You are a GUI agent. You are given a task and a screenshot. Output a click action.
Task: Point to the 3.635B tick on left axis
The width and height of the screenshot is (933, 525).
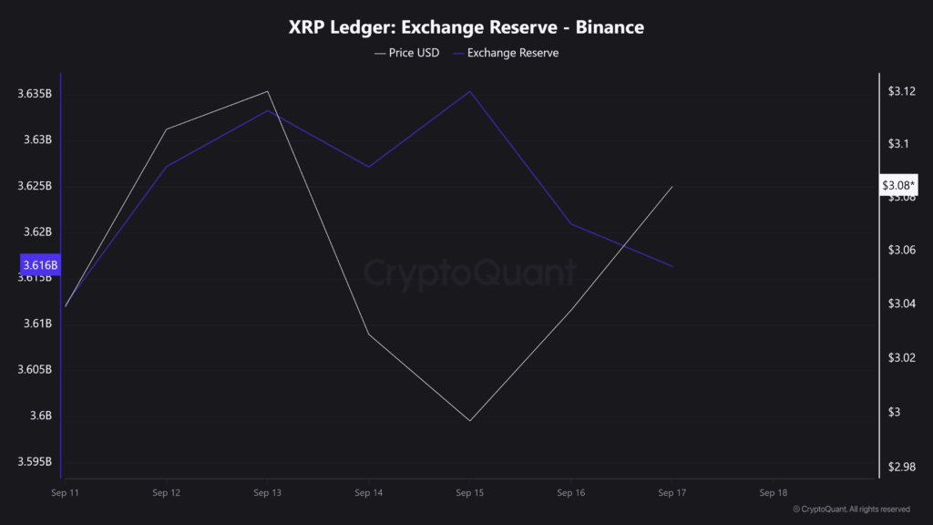(x=35, y=94)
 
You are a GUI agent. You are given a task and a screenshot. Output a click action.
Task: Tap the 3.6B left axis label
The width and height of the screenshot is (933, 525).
(x=40, y=416)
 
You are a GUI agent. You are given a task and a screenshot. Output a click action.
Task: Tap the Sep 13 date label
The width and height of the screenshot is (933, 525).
(x=267, y=493)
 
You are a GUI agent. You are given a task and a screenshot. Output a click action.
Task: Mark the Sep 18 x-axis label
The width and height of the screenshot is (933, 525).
(x=774, y=493)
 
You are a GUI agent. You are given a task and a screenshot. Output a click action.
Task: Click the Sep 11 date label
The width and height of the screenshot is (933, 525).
(x=65, y=493)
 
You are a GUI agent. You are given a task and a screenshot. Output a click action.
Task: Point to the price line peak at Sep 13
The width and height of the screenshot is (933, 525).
(x=267, y=91)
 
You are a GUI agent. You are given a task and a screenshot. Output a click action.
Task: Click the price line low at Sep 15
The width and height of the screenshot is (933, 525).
(x=469, y=421)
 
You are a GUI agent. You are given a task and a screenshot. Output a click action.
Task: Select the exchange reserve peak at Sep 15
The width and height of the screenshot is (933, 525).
(x=470, y=91)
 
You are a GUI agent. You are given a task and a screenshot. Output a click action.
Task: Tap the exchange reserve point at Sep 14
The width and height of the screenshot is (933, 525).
(x=368, y=167)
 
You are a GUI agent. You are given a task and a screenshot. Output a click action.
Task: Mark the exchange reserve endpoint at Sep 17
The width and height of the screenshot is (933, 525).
(x=672, y=266)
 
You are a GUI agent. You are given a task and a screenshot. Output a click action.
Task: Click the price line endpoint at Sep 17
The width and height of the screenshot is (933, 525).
(x=672, y=187)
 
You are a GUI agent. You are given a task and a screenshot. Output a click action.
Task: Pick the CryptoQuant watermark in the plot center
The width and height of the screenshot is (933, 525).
(x=470, y=273)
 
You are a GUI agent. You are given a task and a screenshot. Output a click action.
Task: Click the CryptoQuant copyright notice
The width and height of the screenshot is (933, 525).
(x=851, y=509)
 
